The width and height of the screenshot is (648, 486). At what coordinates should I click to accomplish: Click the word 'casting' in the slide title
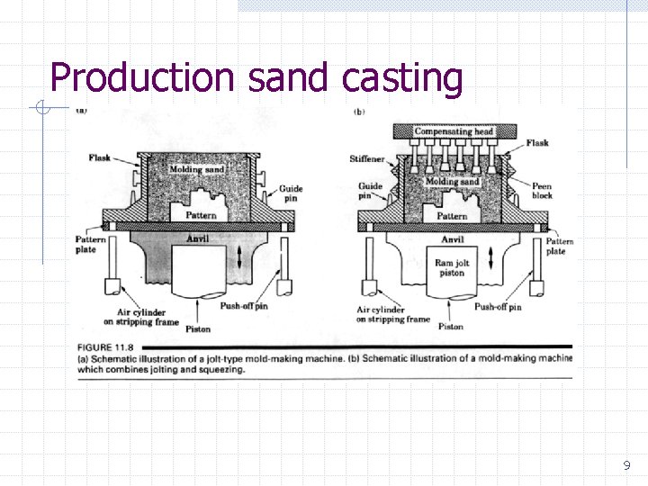click(402, 78)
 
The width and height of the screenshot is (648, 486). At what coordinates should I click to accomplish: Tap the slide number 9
click(626, 466)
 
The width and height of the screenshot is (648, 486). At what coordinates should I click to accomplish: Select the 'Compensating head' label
click(454, 131)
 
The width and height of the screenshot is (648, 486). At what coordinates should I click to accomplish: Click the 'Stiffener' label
click(366, 159)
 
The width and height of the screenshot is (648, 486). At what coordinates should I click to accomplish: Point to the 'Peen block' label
click(542, 191)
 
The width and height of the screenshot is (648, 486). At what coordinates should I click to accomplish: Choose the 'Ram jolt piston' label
click(450, 268)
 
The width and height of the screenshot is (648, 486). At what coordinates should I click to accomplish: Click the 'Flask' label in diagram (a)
click(100, 157)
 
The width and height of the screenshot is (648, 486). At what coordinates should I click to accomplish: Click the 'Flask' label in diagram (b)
click(537, 143)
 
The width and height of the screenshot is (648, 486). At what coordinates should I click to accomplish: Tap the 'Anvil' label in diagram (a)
click(196, 239)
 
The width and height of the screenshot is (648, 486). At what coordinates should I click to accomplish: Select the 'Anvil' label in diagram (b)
click(453, 239)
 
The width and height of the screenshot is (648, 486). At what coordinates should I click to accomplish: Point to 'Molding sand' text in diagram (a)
click(196, 169)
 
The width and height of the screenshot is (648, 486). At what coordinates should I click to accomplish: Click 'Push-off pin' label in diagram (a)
click(244, 306)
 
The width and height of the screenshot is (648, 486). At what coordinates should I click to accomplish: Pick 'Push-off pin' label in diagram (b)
click(498, 307)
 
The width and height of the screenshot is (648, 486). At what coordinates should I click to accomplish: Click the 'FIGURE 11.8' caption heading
click(107, 346)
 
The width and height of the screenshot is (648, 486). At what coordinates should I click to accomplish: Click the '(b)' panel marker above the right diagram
click(359, 112)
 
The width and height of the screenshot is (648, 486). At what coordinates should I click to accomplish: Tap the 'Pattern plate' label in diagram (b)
click(558, 246)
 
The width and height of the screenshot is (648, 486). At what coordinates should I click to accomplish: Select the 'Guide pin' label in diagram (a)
click(291, 193)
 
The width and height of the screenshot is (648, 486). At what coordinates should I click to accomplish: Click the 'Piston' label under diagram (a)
click(198, 328)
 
